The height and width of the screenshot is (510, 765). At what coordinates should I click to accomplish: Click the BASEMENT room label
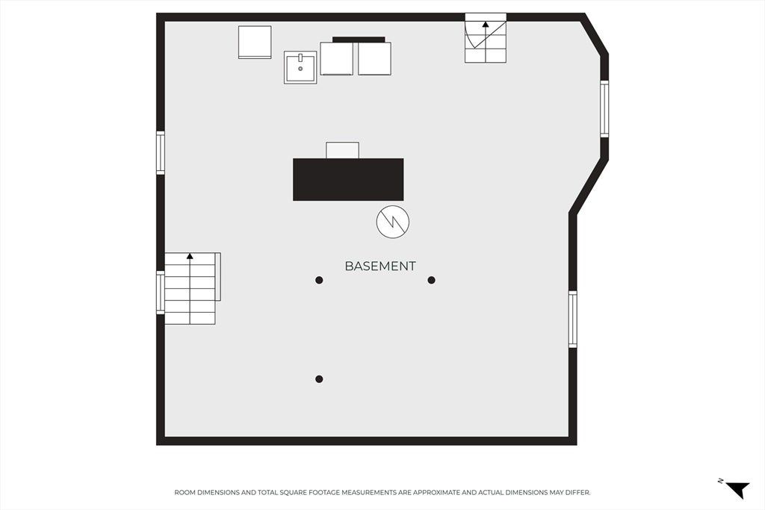(380, 267)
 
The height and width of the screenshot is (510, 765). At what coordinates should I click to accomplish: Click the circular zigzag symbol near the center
(393, 222)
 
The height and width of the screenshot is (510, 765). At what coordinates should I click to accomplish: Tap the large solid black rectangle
(348, 179)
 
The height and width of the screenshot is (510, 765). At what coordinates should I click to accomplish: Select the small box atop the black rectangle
(342, 150)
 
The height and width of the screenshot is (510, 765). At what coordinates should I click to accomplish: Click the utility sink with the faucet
(300, 67)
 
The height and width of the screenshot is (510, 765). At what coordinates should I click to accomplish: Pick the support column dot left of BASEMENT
(319, 280)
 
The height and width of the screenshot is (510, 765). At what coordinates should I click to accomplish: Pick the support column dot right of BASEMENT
(431, 280)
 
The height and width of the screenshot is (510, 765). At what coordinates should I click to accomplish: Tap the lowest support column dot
(319, 379)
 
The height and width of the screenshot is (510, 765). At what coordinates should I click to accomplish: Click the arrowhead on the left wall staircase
(190, 256)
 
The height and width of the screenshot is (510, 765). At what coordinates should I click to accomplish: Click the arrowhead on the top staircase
(486, 24)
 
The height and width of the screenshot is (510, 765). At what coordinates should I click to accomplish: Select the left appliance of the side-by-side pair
(337, 58)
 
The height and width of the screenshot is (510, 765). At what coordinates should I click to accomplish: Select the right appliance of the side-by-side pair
(375, 58)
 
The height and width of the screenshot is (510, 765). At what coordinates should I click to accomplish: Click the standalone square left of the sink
(255, 43)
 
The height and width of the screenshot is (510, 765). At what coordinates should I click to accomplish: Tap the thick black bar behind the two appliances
(359, 40)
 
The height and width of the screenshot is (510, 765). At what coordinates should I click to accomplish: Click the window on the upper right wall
(604, 109)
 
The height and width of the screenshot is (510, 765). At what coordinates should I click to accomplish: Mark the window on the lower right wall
(573, 320)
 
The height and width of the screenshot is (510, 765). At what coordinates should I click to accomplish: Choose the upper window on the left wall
(161, 152)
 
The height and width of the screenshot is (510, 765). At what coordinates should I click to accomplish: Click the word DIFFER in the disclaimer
(579, 492)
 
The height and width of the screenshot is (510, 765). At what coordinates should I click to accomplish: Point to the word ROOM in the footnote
(183, 492)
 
